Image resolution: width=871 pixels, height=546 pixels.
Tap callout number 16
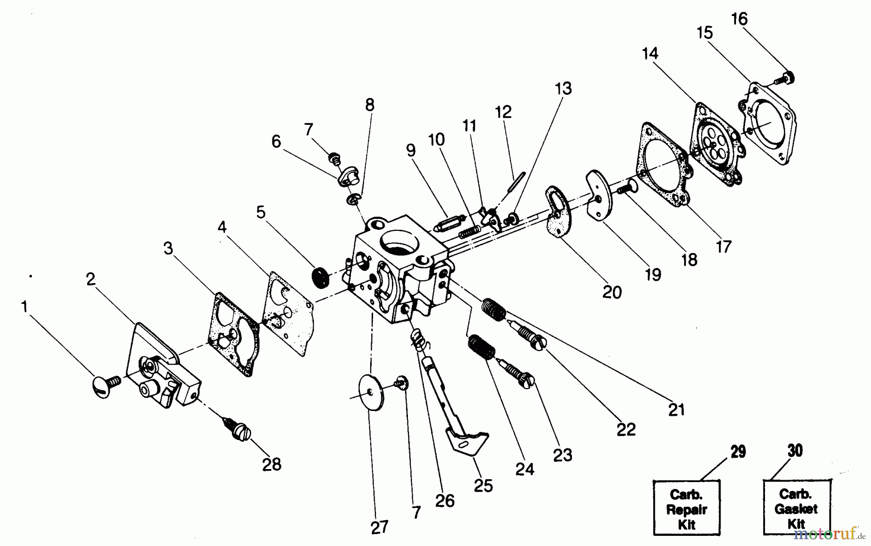[739, 19]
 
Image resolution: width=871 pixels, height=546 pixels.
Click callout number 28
[271, 464]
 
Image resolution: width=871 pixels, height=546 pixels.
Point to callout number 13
[563, 89]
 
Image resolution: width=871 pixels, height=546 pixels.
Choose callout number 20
[612, 292]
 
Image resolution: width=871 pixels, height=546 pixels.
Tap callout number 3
[168, 249]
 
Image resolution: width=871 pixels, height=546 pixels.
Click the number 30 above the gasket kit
[795, 451]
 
